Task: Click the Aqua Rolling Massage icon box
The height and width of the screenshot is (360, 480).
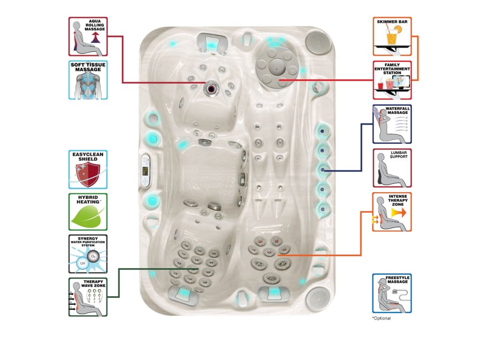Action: (x=88, y=37)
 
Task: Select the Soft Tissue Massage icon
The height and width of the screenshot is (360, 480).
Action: (x=88, y=80)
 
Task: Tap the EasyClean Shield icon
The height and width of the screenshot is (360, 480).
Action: (x=88, y=169)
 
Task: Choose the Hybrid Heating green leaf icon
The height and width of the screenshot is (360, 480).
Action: (x=88, y=212)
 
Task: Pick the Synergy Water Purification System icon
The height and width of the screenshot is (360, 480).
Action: (x=88, y=254)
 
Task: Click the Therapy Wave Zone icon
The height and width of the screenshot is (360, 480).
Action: (x=88, y=297)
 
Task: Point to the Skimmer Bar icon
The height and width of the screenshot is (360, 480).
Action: (x=392, y=37)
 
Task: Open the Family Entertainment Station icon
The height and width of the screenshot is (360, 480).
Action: (x=392, y=80)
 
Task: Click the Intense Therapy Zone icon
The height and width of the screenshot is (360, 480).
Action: (x=392, y=212)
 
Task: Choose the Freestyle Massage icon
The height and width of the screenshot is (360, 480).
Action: (x=392, y=293)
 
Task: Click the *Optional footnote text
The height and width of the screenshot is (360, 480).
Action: (x=381, y=318)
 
